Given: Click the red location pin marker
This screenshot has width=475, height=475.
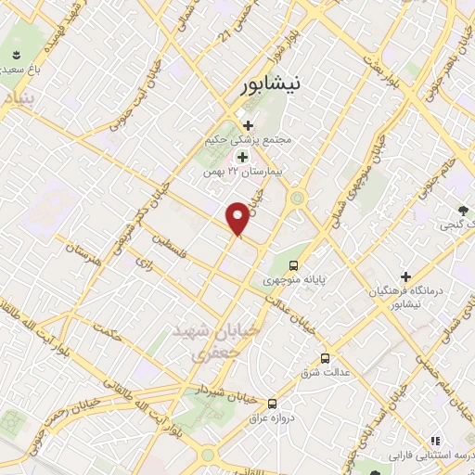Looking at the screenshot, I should point(238,218).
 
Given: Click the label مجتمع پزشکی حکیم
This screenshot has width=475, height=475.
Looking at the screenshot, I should point(248,140).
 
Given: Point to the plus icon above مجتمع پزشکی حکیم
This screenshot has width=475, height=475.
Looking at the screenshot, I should point(247,125).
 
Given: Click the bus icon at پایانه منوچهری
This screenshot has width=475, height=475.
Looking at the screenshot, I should point(296,263).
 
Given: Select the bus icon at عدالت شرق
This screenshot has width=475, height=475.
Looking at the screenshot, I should point(325,357).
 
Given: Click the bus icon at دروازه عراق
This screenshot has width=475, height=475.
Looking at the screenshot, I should point(272,404).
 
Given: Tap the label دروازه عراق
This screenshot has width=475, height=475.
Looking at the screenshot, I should point(272,419).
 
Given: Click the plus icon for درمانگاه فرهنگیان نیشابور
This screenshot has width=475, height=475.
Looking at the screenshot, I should point(405,276).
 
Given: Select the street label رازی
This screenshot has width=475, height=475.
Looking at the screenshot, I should point(144,263).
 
